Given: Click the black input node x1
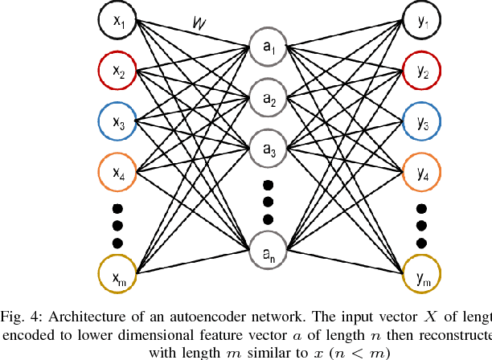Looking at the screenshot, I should (x=118, y=22).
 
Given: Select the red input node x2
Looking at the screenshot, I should (x=118, y=72).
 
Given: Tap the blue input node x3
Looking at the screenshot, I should (x=118, y=121).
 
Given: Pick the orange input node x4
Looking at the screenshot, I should (x=118, y=171).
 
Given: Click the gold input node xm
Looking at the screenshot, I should (x=118, y=275).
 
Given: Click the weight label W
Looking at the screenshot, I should (x=200, y=28).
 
